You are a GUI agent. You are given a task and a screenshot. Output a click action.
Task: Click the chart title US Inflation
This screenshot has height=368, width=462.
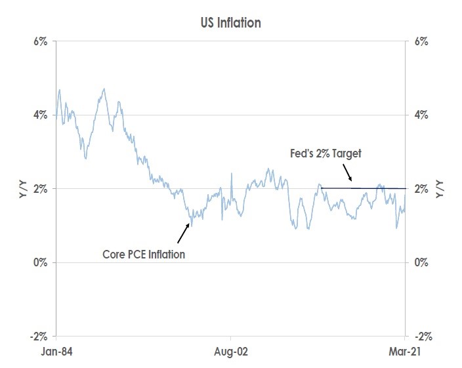[230, 24]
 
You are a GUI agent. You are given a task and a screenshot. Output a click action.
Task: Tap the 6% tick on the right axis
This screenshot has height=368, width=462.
[421, 41]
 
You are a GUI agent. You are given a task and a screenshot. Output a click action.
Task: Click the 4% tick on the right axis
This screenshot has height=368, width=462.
[421, 115]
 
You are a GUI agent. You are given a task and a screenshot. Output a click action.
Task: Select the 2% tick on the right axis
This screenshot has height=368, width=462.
[421, 189]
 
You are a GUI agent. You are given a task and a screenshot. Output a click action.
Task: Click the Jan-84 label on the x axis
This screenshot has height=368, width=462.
[56, 352]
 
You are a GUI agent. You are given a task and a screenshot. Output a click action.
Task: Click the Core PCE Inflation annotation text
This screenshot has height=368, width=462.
[144, 254]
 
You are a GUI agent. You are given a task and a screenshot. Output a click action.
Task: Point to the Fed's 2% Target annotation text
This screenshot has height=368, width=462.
[326, 153]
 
